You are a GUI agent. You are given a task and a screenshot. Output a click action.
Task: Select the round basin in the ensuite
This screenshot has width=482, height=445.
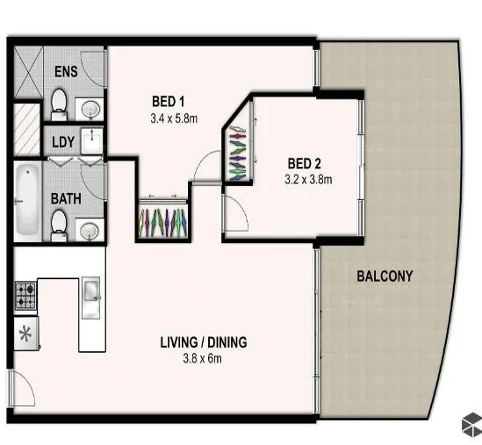(x=90, y=109)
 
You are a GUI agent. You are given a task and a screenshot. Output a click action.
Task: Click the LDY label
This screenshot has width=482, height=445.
(x=62, y=141)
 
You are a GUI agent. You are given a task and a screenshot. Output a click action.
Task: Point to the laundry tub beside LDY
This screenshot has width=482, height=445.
(x=90, y=140)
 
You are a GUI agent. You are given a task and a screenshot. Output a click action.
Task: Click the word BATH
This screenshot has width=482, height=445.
(x=66, y=199)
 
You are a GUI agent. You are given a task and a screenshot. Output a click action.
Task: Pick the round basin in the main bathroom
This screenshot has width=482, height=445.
(x=90, y=231)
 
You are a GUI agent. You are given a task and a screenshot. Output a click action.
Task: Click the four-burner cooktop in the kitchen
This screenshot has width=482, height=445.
(x=25, y=295)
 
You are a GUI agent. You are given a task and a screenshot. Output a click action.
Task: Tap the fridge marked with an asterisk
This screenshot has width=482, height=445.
(x=25, y=334)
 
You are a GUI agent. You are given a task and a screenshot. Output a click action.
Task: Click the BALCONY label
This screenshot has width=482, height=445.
(x=385, y=276)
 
